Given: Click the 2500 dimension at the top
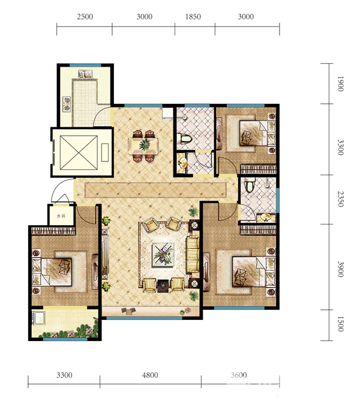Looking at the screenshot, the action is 85,17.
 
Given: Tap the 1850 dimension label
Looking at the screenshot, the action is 193,17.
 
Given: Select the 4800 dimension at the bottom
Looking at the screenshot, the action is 150,375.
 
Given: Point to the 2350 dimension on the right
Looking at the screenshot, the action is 341,199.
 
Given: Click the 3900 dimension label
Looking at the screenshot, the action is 341,269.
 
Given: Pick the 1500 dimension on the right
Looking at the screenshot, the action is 341,324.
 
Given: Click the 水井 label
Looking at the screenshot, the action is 61,216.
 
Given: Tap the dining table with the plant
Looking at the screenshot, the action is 143,146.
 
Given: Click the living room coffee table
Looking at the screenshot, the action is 163,255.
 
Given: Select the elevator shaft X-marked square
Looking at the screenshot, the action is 79,152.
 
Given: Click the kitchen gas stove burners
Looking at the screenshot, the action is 67,104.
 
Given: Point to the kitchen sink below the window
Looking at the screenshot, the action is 85,74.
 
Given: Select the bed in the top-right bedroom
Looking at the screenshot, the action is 257,133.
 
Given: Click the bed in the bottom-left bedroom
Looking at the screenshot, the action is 52,272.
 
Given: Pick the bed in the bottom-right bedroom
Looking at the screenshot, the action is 254,272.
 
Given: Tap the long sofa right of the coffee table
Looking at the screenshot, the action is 193,255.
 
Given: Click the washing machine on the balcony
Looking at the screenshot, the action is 39,318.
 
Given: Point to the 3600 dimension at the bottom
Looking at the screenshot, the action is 239,375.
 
